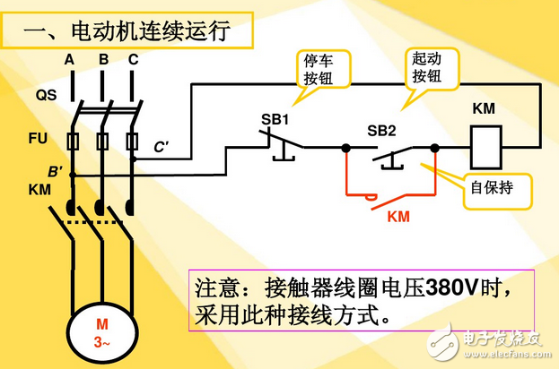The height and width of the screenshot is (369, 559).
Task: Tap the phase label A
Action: (x=69, y=61)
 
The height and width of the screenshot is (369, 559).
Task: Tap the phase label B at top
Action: (x=103, y=61)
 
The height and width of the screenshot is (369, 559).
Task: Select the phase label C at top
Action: (x=133, y=61)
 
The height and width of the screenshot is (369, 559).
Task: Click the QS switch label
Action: (x=46, y=94)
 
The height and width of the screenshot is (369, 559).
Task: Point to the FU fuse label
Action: (x=46, y=140)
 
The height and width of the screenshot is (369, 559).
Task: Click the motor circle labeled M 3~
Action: (x=102, y=331)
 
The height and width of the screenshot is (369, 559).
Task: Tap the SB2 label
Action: (x=381, y=131)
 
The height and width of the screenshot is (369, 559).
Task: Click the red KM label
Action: (x=398, y=217)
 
